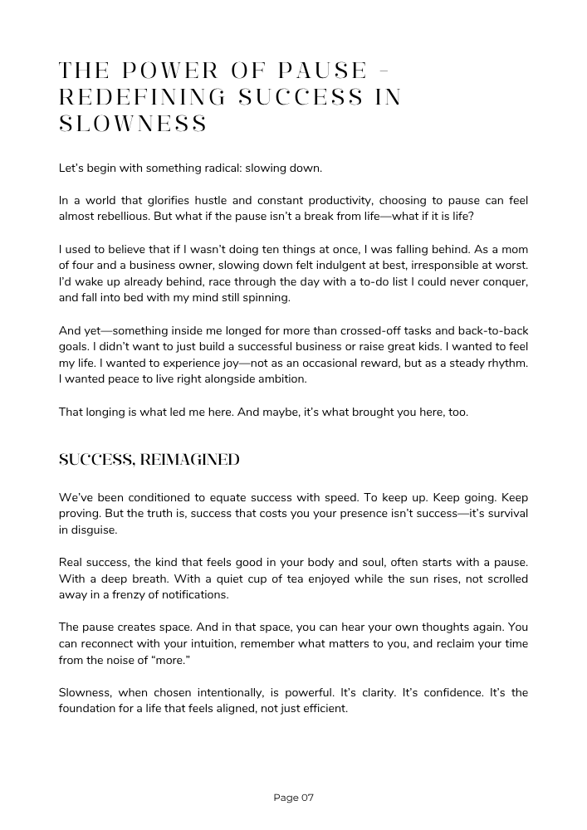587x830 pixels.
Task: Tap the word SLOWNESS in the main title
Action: tap(133, 124)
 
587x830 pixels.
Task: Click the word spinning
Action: tap(264, 298)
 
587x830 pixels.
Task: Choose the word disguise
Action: tap(94, 530)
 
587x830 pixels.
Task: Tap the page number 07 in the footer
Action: tap(306, 798)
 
